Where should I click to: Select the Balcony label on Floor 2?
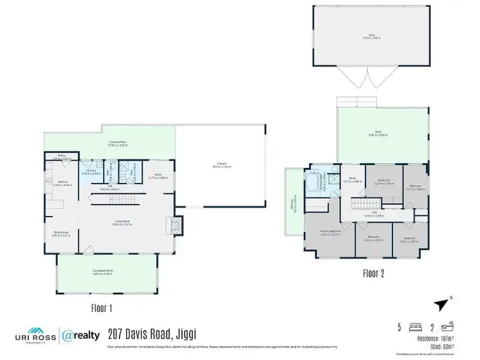(294, 203)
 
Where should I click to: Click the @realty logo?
(81, 334)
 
